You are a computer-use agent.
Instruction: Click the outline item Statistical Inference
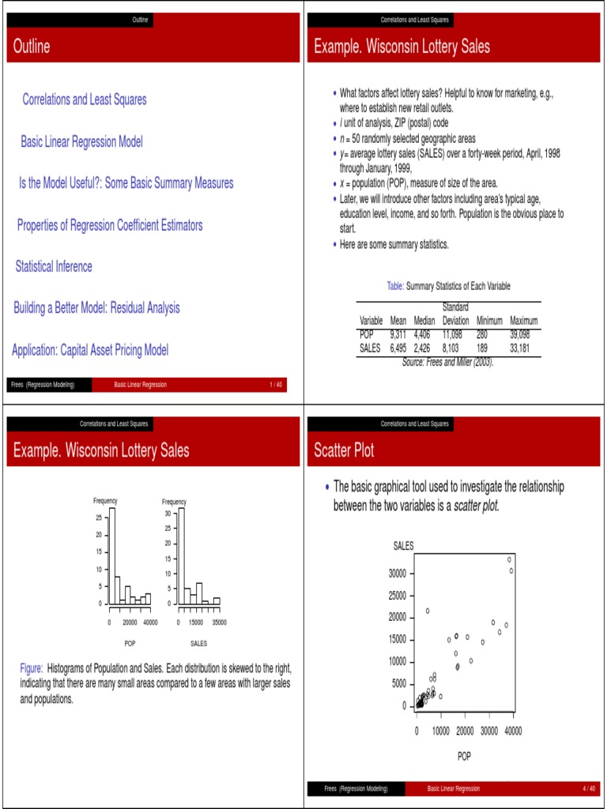54,267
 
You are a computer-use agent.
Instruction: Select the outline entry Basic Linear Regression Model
81,142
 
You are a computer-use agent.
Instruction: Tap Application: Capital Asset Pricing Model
90,349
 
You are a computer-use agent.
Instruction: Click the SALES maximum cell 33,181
524,348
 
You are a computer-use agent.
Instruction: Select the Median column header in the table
424,322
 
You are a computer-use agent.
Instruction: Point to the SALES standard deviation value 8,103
455,348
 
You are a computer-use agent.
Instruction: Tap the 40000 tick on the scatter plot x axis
513,732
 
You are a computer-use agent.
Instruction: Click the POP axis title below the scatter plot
464,756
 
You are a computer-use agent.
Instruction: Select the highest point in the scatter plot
510,559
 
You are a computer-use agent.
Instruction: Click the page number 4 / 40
588,788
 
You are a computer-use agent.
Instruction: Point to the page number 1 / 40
276,385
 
